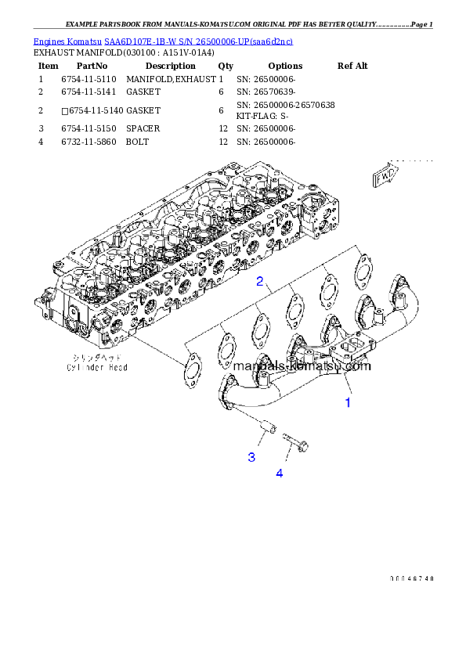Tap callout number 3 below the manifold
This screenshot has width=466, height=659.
[252, 456]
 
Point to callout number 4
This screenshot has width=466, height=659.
[279, 472]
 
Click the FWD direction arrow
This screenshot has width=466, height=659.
[385, 177]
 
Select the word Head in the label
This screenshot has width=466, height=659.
[117, 366]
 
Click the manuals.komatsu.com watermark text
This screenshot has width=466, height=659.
[302, 365]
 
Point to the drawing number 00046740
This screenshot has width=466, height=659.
[411, 578]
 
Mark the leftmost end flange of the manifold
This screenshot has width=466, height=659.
[228, 389]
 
